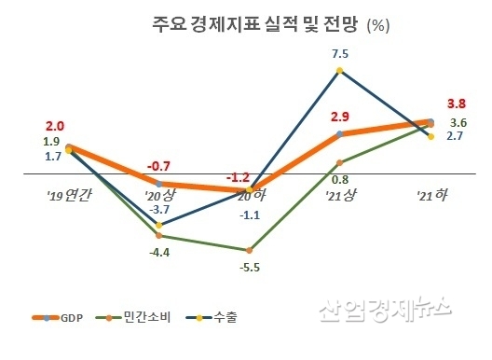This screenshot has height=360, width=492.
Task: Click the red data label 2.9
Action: click(339, 118)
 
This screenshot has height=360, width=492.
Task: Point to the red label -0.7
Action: click(159, 168)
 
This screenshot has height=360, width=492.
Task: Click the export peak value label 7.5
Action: click(340, 55)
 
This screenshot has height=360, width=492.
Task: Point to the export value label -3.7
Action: click(159, 212)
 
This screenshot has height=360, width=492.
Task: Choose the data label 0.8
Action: click(339, 178)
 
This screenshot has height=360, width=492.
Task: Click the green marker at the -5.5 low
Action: click(249, 250)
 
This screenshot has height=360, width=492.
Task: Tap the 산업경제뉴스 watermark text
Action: click(385, 310)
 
